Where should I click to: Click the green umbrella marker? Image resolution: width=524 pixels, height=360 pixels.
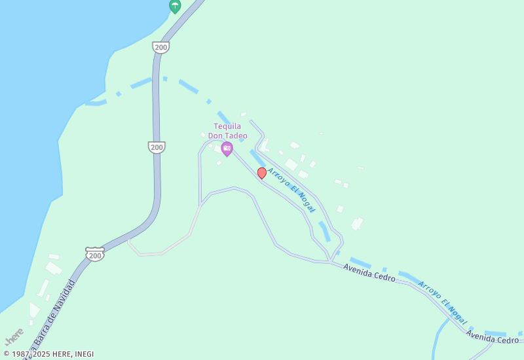click(x=175, y=6)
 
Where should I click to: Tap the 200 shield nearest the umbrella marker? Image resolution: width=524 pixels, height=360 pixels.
click(x=160, y=47)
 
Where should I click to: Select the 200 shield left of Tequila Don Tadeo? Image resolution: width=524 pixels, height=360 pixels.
click(x=157, y=147)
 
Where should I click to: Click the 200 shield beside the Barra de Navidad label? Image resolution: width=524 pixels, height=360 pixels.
click(x=95, y=254)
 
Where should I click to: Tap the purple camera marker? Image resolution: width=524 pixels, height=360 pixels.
click(x=227, y=149)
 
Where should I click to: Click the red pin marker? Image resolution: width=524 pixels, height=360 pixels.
click(x=262, y=173)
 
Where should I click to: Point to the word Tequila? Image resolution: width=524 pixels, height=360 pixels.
click(x=227, y=126)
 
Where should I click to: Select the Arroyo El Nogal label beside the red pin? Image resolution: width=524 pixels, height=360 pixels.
click(x=291, y=190)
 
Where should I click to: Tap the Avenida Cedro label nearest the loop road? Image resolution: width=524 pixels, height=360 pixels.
click(x=369, y=273)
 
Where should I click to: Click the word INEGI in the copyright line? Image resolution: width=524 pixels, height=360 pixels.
click(x=84, y=354)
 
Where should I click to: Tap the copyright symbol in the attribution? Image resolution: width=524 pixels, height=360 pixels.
click(x=6, y=354)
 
